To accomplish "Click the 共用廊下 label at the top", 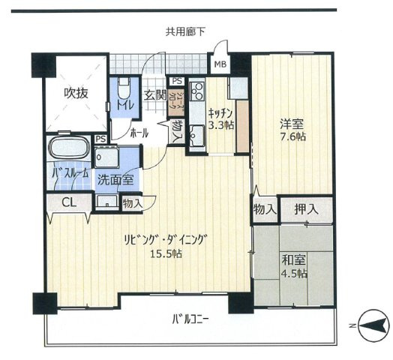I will coord(186,31).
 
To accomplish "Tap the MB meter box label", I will coord(220,64).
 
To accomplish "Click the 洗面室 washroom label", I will coord(118,179).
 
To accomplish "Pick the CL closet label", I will coord(68,202).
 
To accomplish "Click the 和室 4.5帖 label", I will coord(293,266).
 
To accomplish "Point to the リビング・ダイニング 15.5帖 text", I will coord(165,245).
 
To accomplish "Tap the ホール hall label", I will coord(138,133).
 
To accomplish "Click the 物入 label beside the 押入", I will coord(263,208).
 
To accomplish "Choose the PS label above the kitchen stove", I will coord(176,81).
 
